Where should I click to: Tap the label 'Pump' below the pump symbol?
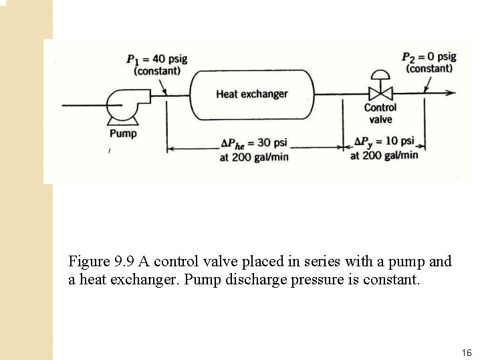tap(123, 133)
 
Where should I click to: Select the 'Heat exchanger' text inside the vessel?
tap(251, 94)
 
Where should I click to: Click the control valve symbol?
tap(380, 93)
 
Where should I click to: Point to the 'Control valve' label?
tap(380, 113)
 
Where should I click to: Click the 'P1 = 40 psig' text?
tap(157, 59)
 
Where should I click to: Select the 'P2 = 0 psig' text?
tap(429, 57)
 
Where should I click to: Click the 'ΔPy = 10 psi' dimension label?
tap(384, 142)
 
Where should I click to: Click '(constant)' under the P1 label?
tap(157, 70)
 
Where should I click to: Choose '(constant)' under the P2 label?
tap(429, 68)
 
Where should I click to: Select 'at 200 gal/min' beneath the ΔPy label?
tap(384, 155)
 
